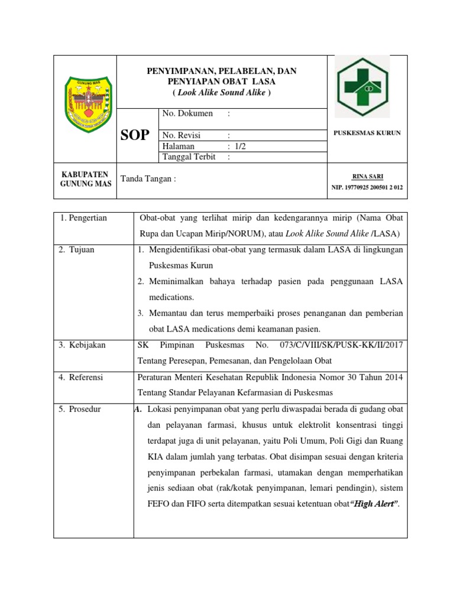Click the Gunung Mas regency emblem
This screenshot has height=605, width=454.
tap(85, 105)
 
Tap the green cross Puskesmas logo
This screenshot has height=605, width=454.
tap(362, 86)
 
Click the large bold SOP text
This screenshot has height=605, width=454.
tap(135, 136)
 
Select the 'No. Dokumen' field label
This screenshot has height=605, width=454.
tap(187, 113)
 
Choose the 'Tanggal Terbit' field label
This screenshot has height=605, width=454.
tap(189, 157)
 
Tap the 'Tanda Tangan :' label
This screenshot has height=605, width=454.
tap(148, 179)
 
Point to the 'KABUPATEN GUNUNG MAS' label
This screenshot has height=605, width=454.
tap(85, 180)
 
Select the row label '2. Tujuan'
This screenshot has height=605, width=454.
tap(76, 249)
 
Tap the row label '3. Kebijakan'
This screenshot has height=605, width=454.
tap(82, 345)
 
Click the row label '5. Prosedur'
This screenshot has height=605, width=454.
tap(80, 409)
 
